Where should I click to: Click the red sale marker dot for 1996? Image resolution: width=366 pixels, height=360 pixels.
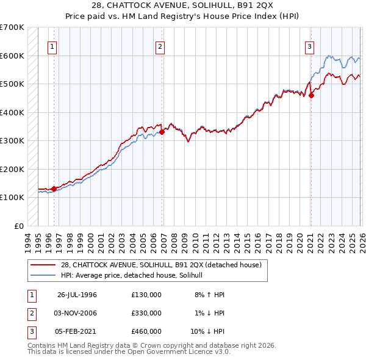coord(54,189)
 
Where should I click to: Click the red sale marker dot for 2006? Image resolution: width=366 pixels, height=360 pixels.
coord(162,132)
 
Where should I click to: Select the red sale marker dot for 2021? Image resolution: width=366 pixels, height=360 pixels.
coord(311,95)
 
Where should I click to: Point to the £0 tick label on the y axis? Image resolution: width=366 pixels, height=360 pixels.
coord(20,226)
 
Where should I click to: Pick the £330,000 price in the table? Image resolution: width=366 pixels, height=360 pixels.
coord(146,313)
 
